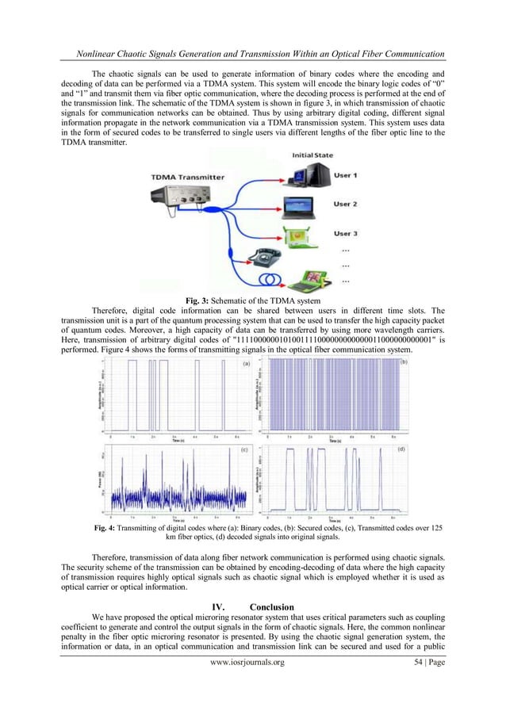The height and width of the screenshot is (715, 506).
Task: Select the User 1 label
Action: point(345,174)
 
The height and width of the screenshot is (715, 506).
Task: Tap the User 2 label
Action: point(345,204)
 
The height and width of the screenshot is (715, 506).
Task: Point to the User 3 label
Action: point(345,234)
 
